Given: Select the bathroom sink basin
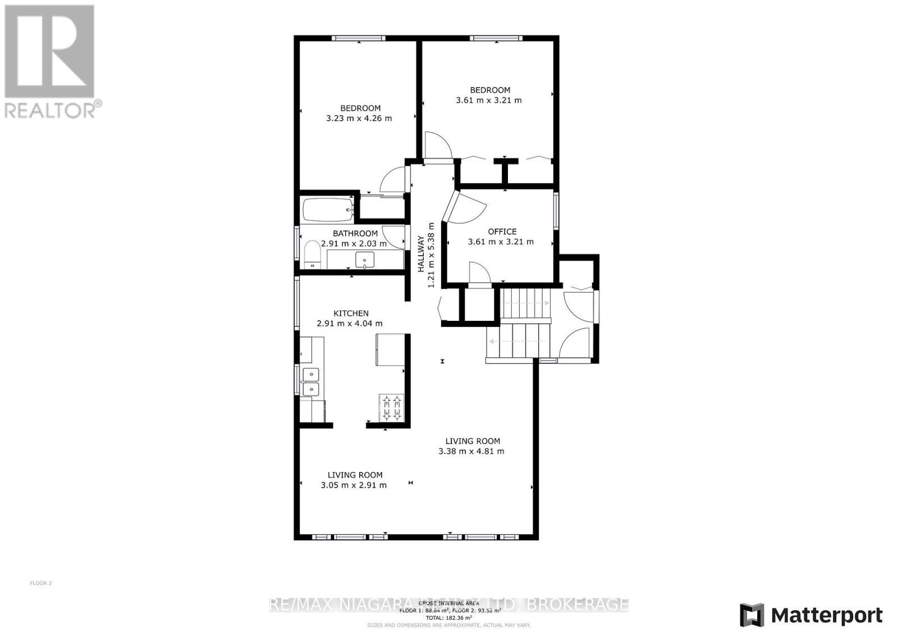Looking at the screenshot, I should tap(365, 260).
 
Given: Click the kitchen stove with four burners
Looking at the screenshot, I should tap(392, 408).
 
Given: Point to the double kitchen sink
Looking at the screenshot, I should tap(310, 381).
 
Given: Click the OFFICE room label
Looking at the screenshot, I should tap(502, 231).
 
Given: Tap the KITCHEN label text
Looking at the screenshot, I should tap(351, 314).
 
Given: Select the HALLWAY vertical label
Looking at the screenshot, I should tap(421, 254).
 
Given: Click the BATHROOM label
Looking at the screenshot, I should tap(355, 234).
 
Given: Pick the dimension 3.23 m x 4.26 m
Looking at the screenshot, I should tap(359, 119).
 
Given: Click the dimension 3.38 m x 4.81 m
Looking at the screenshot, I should tap(471, 451).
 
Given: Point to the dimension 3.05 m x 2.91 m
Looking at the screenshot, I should tap(354, 485).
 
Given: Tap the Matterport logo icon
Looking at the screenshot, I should tap(752, 615).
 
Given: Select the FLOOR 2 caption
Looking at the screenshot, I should tap(40, 583).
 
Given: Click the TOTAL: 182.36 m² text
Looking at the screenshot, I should tap(448, 617).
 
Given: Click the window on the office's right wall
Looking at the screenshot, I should tap(556, 211).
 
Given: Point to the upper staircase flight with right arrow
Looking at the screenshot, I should tap(525, 303).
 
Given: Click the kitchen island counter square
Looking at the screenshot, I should tap(390, 350).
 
